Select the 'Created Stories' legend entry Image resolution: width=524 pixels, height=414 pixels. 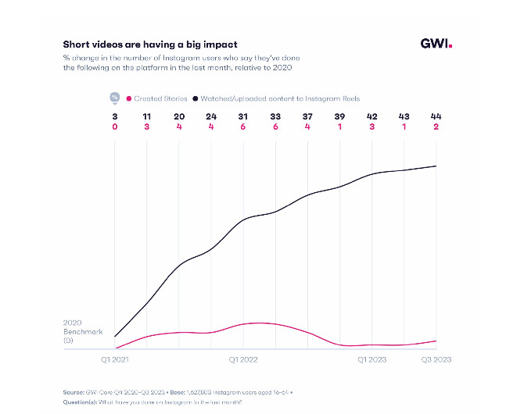click(159, 98)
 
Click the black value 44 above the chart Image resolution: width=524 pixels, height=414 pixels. click(436, 116)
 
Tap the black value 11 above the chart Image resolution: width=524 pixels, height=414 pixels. click(147, 116)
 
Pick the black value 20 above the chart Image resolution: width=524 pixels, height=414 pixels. click(179, 116)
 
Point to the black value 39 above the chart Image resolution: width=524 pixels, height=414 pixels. click(339, 116)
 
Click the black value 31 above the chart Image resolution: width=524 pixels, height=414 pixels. click(243, 116)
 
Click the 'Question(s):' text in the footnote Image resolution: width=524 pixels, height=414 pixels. click(82, 402)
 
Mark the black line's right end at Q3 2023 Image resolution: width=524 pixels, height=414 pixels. click(436, 166)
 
